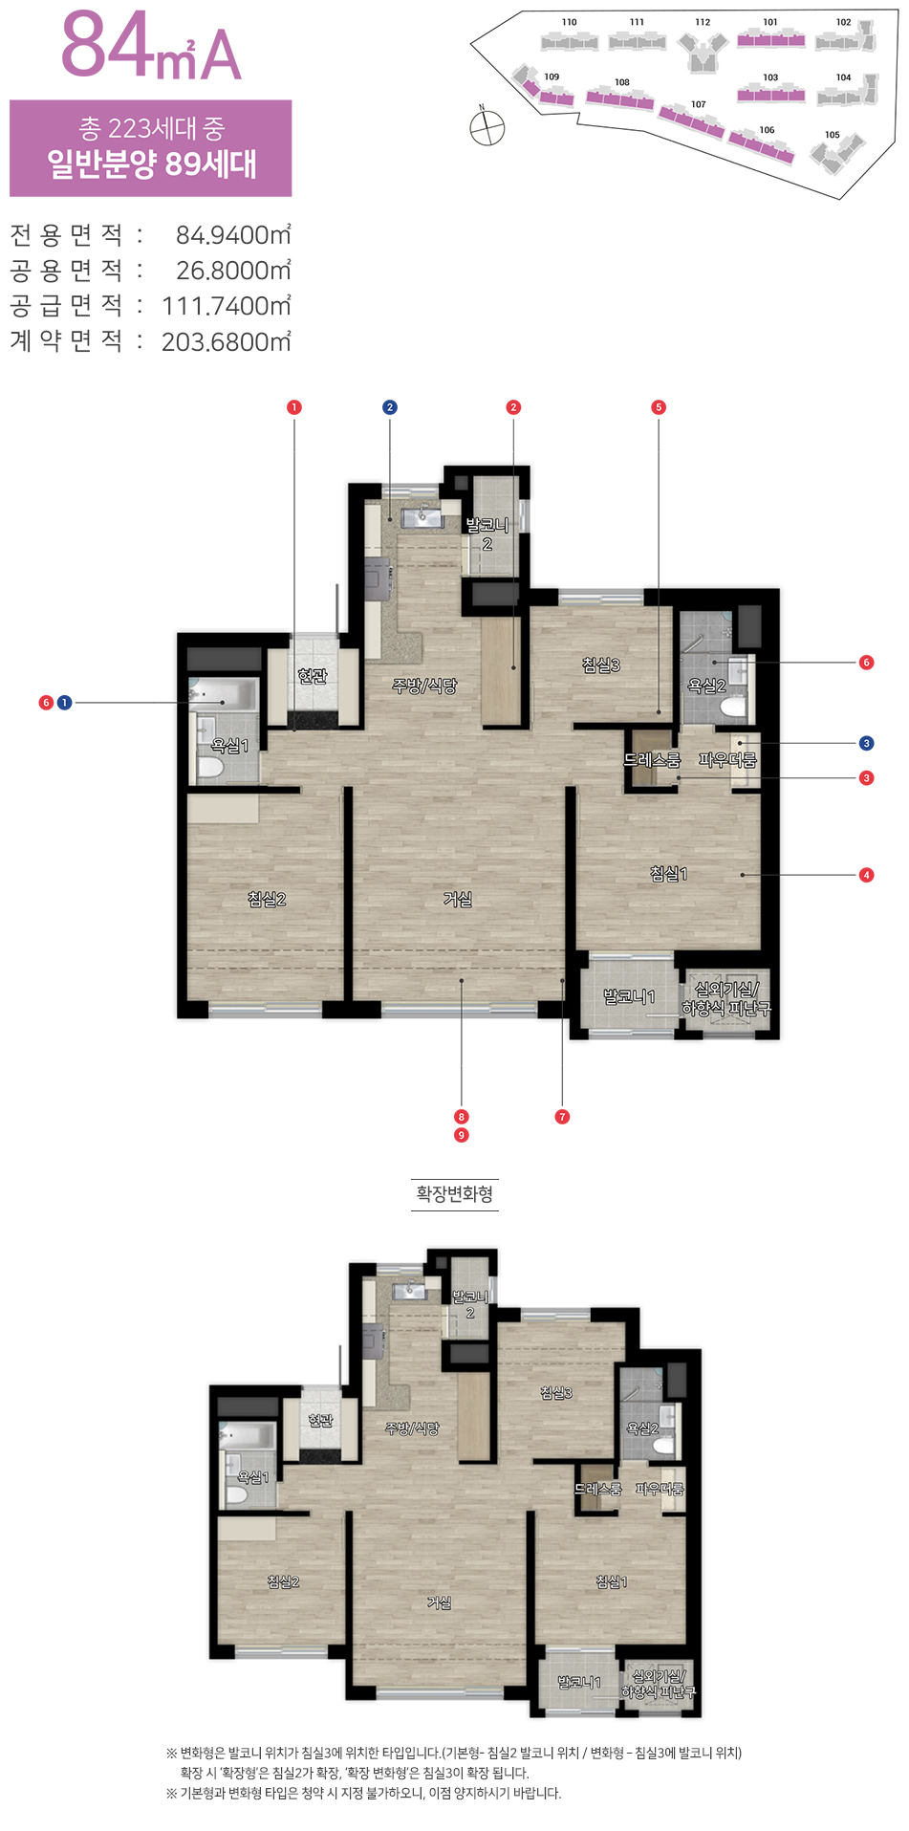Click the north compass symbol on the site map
487,126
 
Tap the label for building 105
833,135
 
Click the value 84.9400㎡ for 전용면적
233,235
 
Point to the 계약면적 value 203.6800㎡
227,341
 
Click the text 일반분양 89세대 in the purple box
152,164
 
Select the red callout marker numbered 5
658,407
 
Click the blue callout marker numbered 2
389,407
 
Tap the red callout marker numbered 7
562,1117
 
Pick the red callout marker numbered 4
866,875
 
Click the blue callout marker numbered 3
866,743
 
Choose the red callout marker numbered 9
462,1135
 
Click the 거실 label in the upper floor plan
458,899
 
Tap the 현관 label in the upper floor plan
313,676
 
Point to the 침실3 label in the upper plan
601,665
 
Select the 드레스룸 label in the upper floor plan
652,760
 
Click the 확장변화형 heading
454,1193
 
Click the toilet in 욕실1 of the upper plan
210,765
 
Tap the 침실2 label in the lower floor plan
283,1582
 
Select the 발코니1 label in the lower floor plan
579,1682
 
